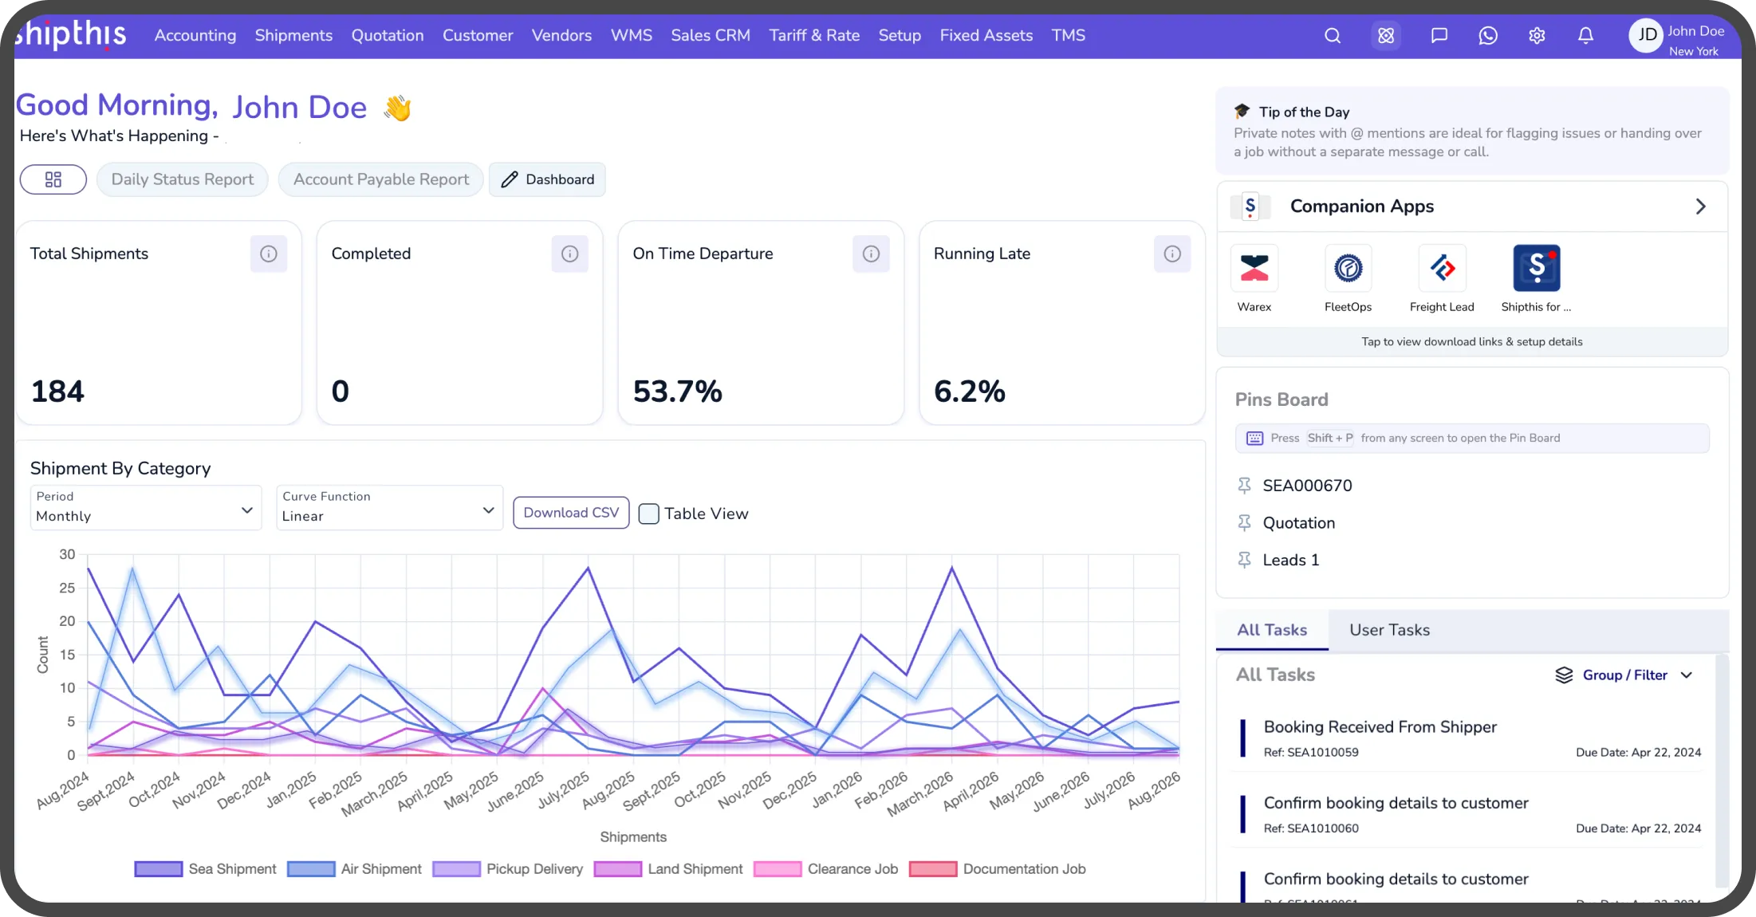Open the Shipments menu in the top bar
[293, 35]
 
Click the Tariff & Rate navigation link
[814, 35]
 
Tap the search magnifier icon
[1333, 36]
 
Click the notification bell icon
[1585, 36]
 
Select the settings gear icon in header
[1537, 36]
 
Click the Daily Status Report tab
[183, 179]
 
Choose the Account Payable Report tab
[381, 179]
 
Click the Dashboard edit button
[548, 179]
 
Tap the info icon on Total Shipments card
[269, 254]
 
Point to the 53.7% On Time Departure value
[678, 392]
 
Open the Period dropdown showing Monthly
[146, 507]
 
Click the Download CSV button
[571, 513]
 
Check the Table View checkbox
[649, 514]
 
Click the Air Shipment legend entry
[355, 869]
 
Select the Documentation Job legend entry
[998, 869]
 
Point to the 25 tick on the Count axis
[67, 588]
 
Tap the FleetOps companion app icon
[1348, 268]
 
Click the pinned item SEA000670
[1308, 486]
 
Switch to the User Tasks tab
[1390, 630]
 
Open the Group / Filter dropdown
[1624, 675]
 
